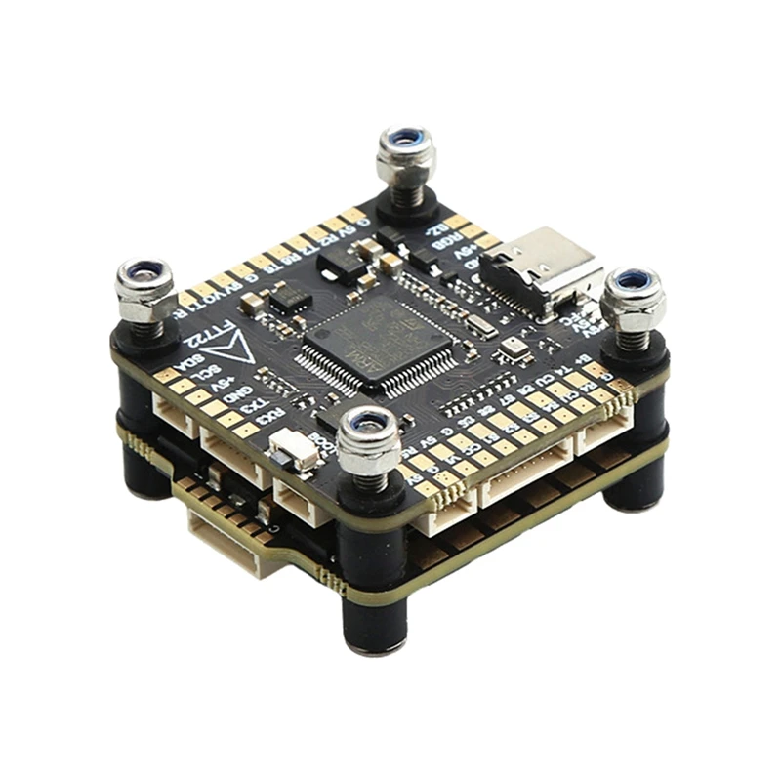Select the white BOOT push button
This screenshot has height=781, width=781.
pyautogui.click(x=294, y=450)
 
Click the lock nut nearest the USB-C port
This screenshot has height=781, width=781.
pyautogui.click(x=633, y=298)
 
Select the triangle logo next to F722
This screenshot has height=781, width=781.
pyautogui.click(x=239, y=350)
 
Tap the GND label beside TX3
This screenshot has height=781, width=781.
pyautogui.click(x=236, y=400)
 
